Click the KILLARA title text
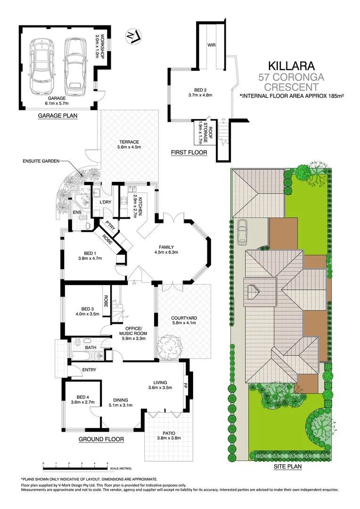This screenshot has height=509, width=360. (291, 65)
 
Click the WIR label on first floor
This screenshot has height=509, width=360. (212, 45)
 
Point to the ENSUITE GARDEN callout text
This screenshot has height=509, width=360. (41, 161)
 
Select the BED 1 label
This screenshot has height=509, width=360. (90, 255)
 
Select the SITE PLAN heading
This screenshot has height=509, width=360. (287, 467)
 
